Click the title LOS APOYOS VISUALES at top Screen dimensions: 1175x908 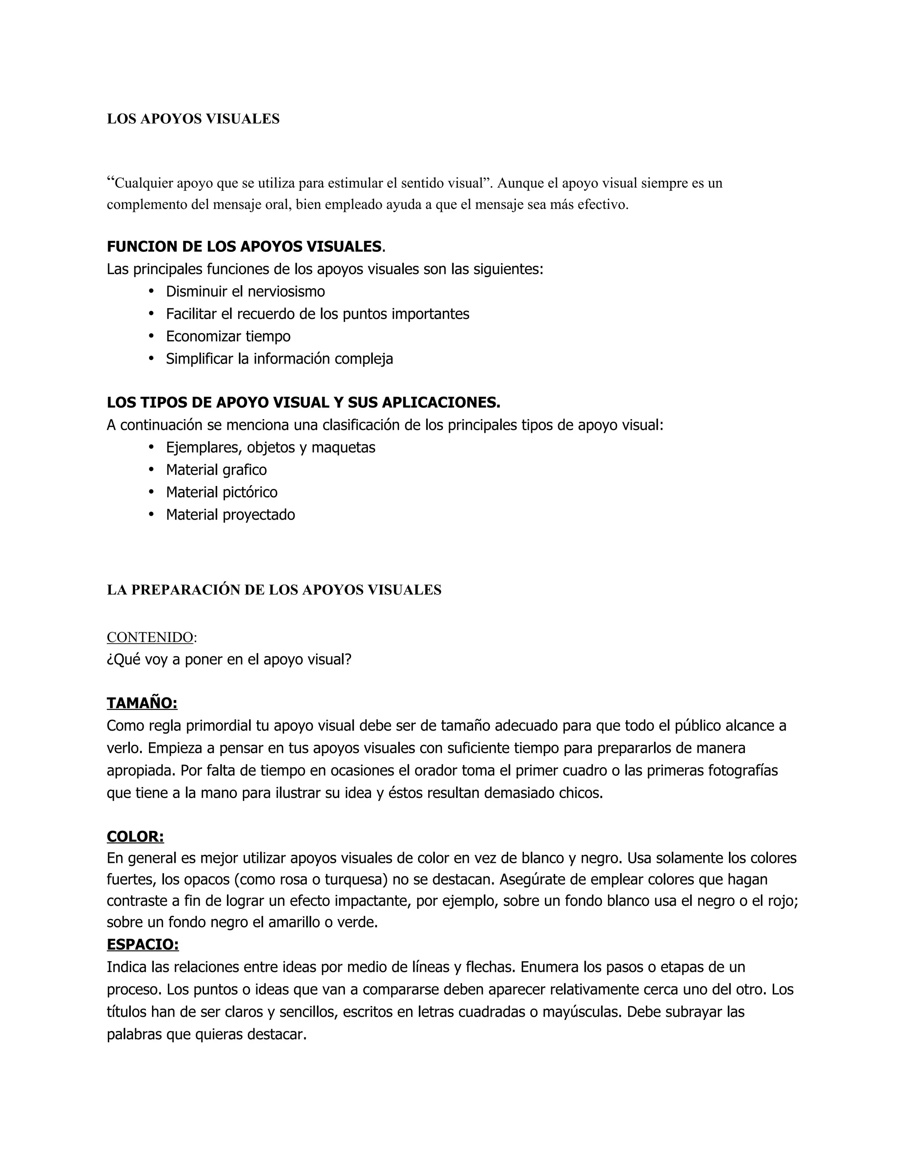pos(193,119)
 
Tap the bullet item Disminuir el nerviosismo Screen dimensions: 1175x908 pos(245,292)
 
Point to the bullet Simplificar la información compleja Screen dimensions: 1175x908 pos(279,359)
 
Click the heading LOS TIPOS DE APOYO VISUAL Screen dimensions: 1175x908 pos(303,403)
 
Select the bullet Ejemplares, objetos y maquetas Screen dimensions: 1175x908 pos(270,448)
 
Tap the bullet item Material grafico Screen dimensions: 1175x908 pos(216,470)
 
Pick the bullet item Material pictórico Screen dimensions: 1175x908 pos(222,492)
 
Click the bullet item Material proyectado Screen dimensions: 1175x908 pos(230,515)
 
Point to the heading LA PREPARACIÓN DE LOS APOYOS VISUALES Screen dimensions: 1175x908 pos(274,590)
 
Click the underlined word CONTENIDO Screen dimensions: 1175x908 pos(149,638)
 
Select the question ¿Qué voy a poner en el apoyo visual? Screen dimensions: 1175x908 pos(229,660)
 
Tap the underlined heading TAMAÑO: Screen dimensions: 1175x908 pos(142,703)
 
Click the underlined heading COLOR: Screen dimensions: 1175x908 pos(135,837)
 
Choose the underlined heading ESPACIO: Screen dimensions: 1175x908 pos(143,945)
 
